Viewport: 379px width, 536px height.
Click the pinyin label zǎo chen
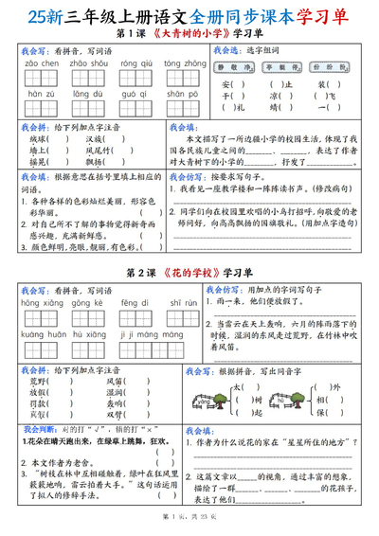40,63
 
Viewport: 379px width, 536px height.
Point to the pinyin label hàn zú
40,95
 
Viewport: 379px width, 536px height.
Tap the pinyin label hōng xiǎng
40,303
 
